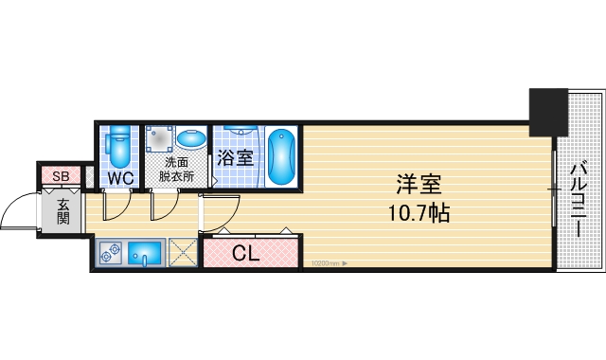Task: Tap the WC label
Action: tap(119, 178)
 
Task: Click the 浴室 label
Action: tap(235, 157)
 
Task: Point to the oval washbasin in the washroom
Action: tap(191, 139)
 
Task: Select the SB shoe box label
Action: tap(60, 176)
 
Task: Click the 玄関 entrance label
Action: tap(63, 211)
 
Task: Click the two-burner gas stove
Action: tap(111, 253)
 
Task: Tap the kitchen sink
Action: tap(145, 253)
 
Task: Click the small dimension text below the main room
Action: tap(325, 265)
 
